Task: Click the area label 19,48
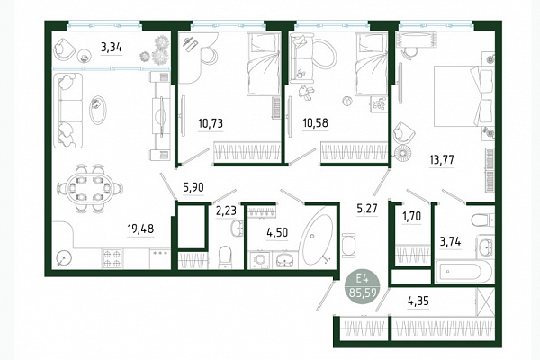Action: coord(140,229)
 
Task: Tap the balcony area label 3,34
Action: coord(112,47)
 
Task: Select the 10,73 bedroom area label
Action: coord(211,123)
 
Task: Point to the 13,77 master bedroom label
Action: coord(442,160)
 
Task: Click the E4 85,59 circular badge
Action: coord(363,287)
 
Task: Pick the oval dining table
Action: coord(89,188)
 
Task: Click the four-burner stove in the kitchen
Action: coord(112,258)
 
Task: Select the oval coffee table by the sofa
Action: coord(98,110)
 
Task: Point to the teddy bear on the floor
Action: coord(306,93)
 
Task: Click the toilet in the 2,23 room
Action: coord(226,256)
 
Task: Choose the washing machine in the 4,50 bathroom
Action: coord(259,260)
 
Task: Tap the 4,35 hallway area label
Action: coord(418,301)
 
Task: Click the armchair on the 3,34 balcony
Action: coord(65,49)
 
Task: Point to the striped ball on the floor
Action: coord(346,102)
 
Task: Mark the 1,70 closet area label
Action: coord(411,217)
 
